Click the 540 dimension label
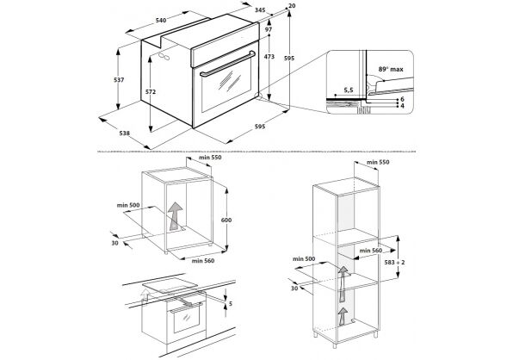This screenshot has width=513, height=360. pos(161,21)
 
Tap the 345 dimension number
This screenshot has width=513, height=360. pos(260,10)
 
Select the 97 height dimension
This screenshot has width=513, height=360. pos(269,29)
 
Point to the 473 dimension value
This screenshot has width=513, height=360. pos(269,57)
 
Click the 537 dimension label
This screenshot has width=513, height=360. pos(119,79)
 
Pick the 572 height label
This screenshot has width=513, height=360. pos(150,92)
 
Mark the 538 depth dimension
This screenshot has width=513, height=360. pos(124,133)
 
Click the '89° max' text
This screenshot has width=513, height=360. pos(391,70)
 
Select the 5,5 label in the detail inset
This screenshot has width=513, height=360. pos(349,90)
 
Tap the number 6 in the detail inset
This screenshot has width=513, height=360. pos(403,99)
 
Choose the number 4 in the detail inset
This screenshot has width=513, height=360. pos(403,106)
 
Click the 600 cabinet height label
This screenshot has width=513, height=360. pos(226,220)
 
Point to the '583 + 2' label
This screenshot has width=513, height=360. pos(394,262)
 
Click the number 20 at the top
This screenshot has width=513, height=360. pos(292,5)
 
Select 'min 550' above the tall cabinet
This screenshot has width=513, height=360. pos(378,162)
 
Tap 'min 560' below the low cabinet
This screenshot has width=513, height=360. pos(203,260)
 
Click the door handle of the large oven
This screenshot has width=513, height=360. pos(228,64)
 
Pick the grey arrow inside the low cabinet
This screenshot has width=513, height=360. pos(175,216)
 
